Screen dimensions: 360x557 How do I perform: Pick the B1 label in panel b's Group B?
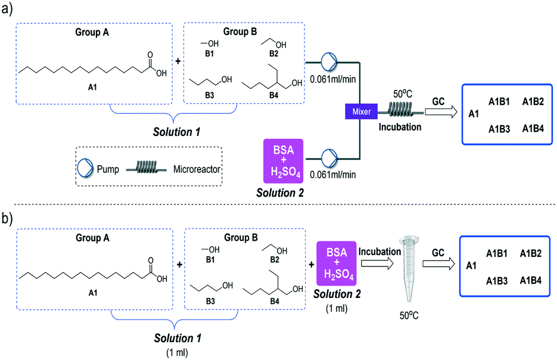pyautogui.click(x=210, y=259)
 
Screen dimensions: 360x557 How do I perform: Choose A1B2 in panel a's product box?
pyautogui.click(x=534, y=101)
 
